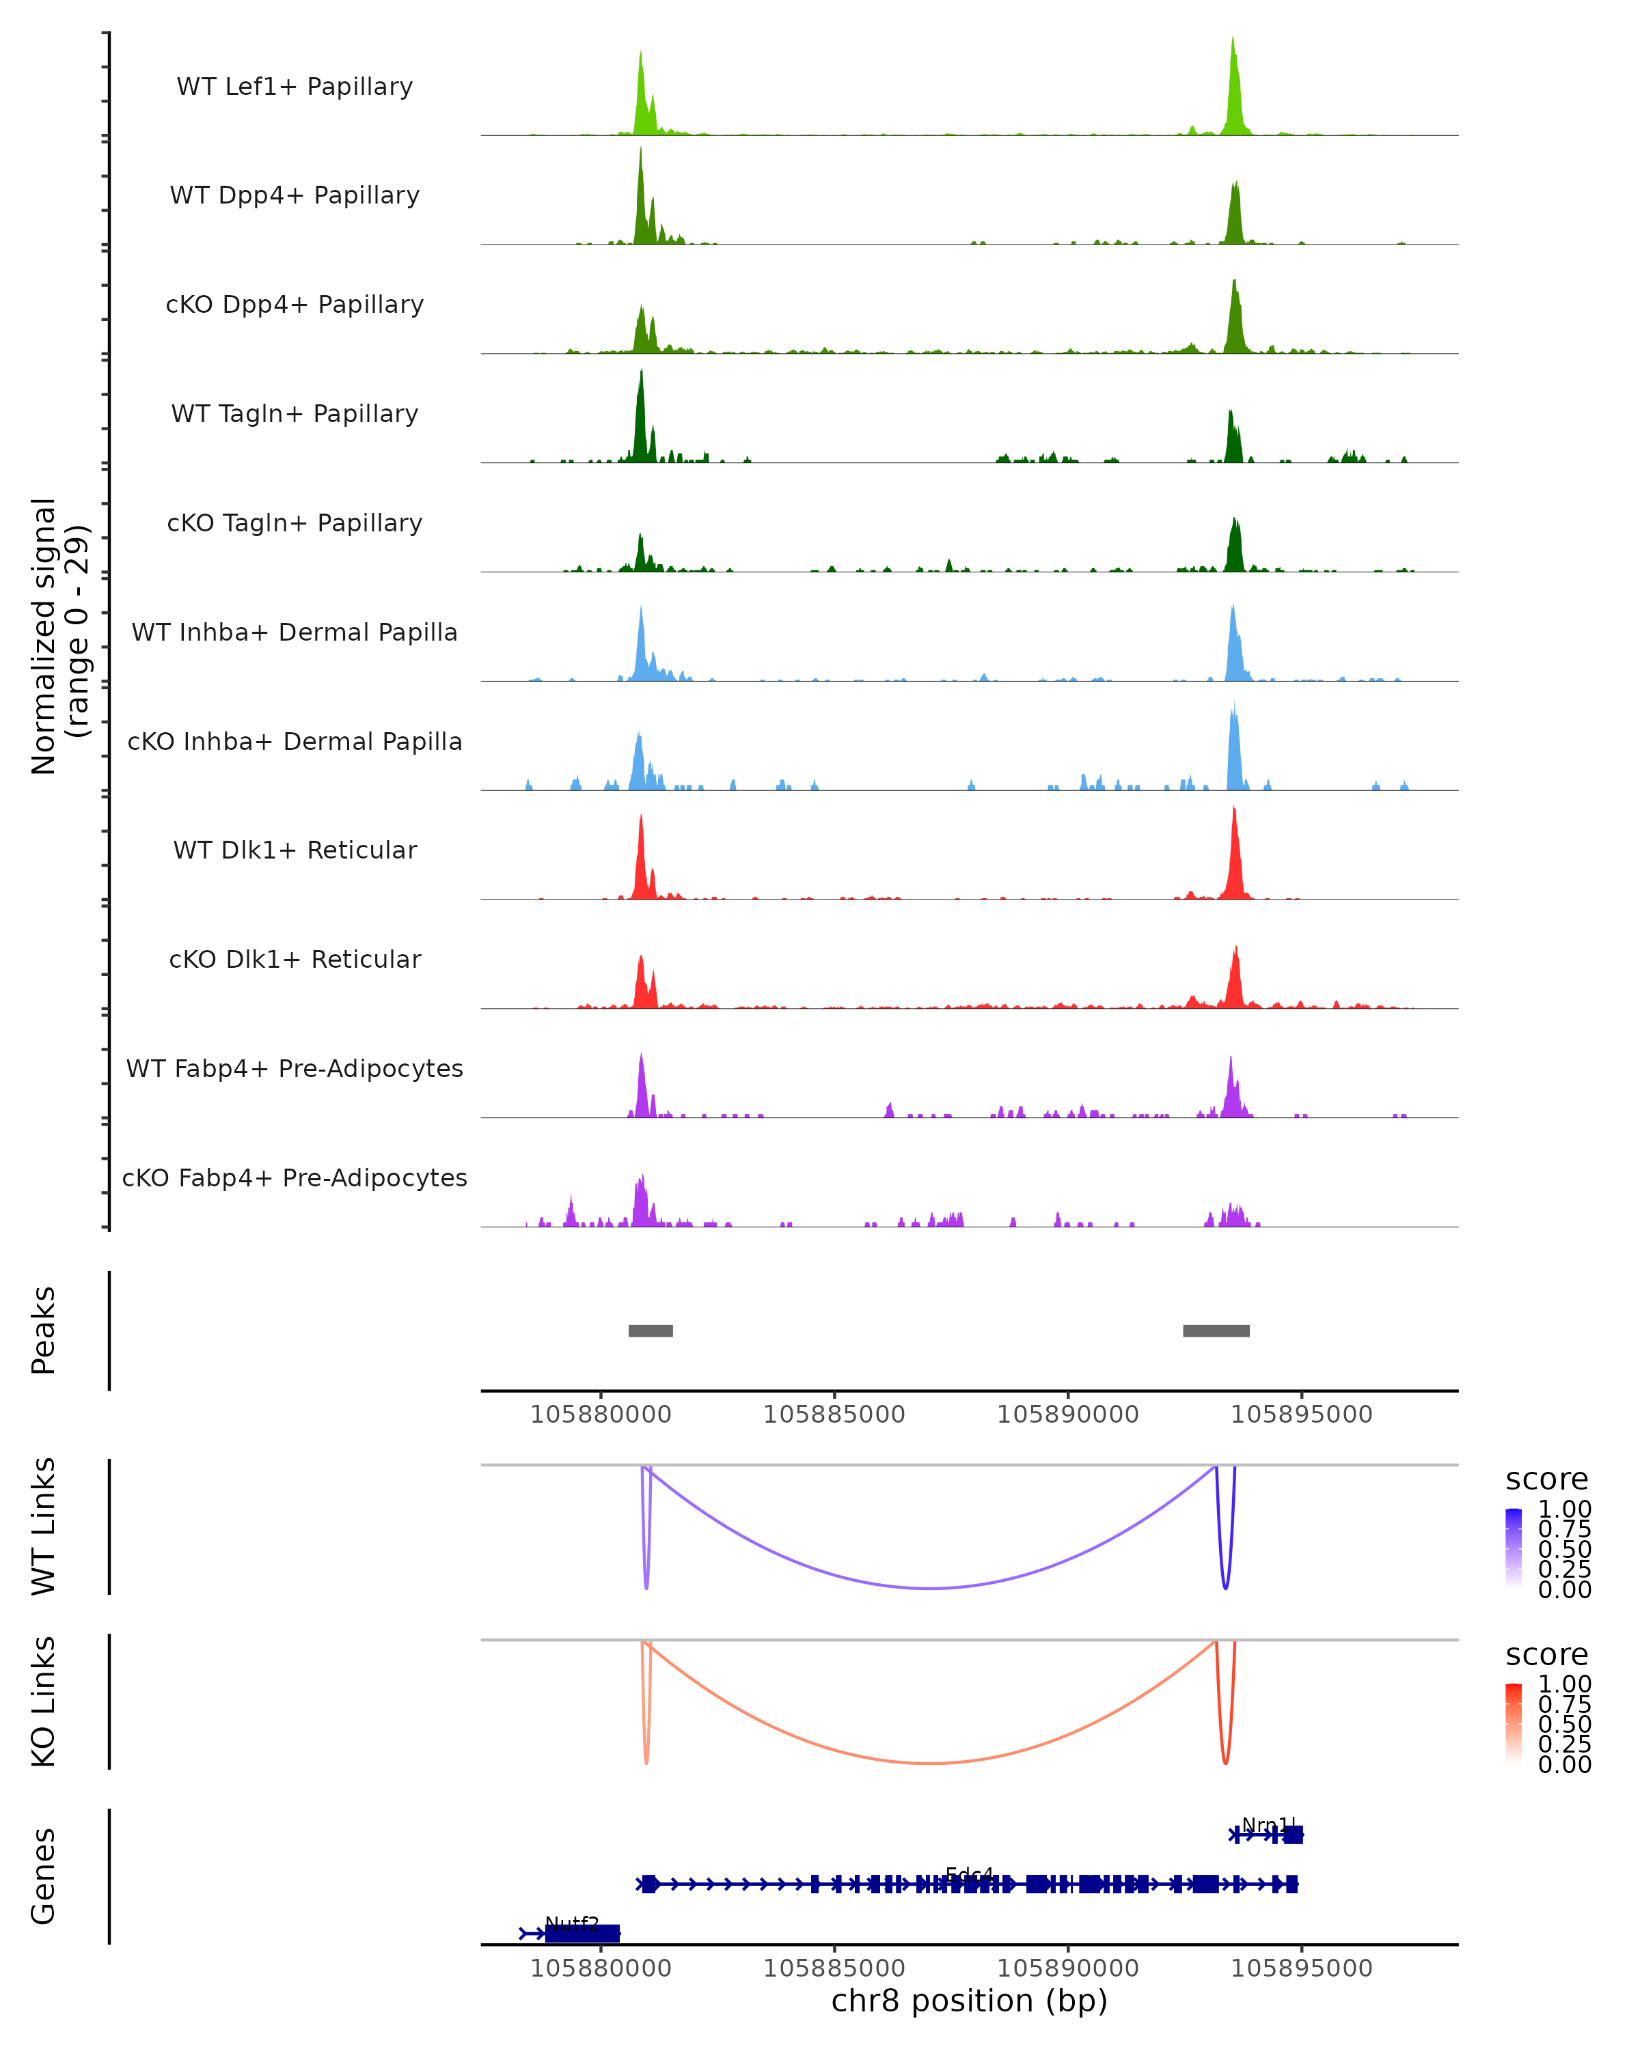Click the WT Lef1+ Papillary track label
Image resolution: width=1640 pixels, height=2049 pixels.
(295, 87)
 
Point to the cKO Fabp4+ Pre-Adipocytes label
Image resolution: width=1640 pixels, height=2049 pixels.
(295, 1177)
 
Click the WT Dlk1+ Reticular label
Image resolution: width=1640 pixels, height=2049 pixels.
(295, 850)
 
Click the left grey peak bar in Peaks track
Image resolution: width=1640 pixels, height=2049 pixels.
(651, 1330)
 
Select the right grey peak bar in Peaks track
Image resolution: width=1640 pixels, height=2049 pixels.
(1216, 1330)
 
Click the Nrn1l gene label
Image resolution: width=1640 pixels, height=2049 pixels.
(1268, 1825)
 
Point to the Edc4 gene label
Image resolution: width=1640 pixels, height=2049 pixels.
(969, 1874)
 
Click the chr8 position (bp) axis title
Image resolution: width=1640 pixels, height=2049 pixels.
(969, 2001)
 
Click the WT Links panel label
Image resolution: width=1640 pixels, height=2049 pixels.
(44, 1525)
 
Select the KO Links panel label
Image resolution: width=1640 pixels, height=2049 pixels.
(44, 1701)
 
